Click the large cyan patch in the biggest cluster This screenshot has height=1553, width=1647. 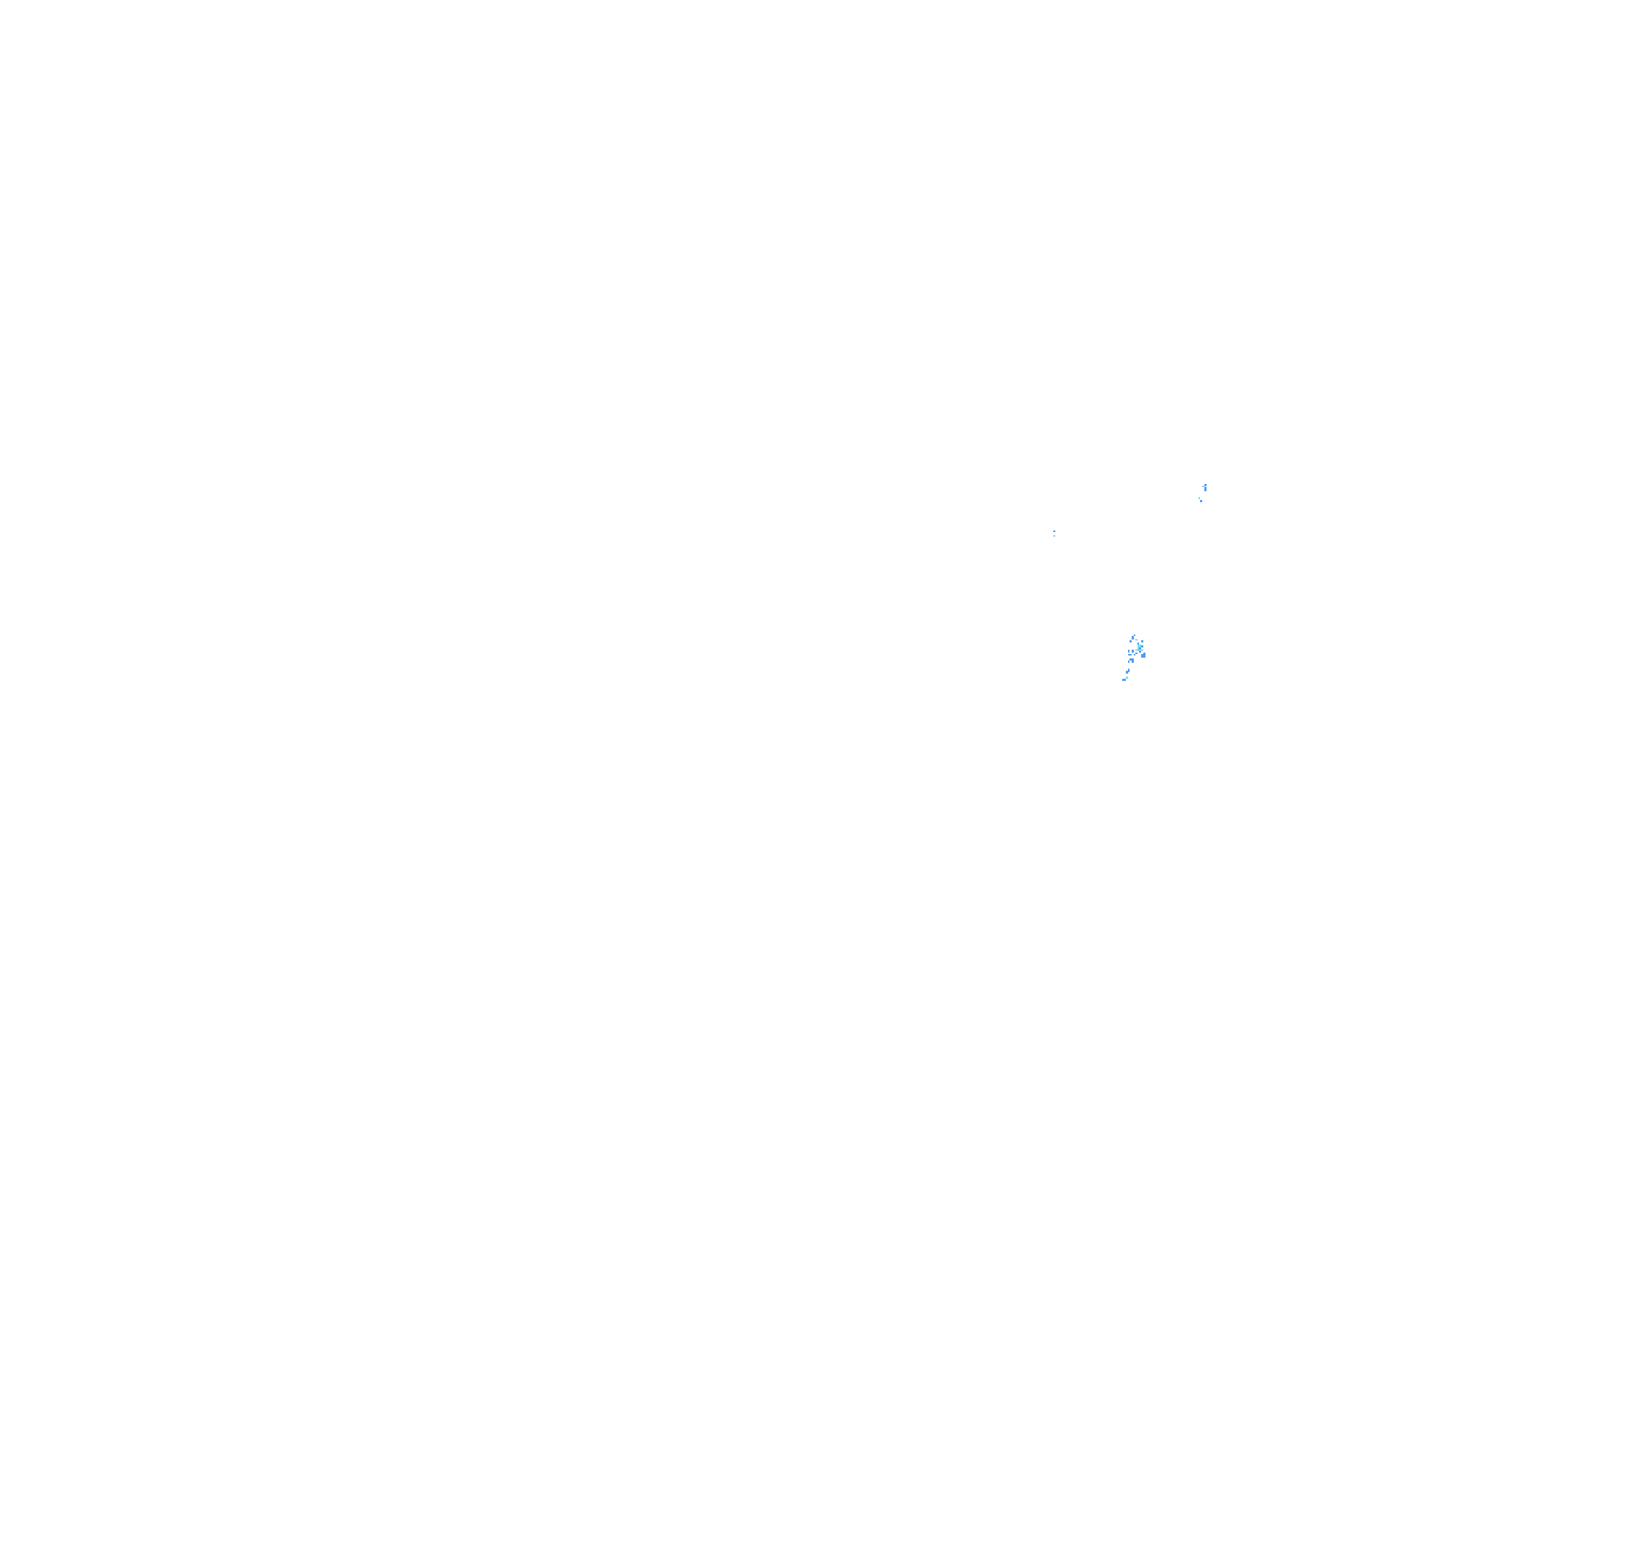[1139, 647]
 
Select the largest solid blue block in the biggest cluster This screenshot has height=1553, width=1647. [1144, 656]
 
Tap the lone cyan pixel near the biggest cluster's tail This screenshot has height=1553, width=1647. [1127, 678]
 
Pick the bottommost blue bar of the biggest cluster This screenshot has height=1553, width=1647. [1124, 681]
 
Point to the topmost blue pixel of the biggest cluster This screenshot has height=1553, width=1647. [1135, 635]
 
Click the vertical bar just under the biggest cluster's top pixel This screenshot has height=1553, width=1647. [1133, 638]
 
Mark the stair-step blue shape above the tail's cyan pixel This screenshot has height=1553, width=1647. [1128, 671]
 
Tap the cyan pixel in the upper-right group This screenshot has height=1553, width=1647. [1199, 499]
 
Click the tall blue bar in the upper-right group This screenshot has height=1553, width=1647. [1207, 490]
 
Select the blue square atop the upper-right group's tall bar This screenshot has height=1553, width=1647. [1207, 485]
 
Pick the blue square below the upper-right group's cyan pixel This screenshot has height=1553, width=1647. [1201, 501]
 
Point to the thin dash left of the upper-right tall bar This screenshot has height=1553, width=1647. [1204, 487]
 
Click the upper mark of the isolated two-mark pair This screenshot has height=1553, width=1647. [1055, 532]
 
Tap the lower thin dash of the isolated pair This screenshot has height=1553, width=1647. [1055, 536]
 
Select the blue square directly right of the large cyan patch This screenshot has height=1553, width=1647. [1143, 647]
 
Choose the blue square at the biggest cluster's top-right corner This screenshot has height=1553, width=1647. [1143, 642]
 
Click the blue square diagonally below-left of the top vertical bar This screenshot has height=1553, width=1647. [1131, 642]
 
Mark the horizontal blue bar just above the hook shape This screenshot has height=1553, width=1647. [1130, 656]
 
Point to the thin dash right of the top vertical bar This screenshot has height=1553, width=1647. [1137, 640]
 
